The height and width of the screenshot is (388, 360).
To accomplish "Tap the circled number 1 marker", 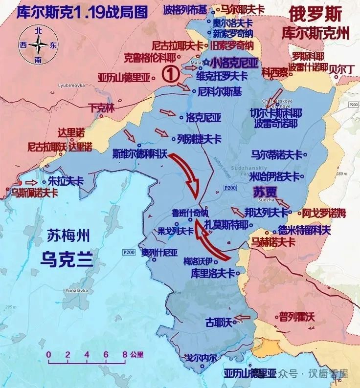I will (x=169, y=74).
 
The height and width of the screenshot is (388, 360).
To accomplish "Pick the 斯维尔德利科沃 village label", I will (x=140, y=153).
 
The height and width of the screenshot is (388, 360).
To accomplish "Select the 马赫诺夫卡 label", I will (x=273, y=241).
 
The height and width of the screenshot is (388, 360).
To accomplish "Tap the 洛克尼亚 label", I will (x=204, y=117).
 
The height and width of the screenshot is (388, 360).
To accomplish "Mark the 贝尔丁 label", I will (x=342, y=69).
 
